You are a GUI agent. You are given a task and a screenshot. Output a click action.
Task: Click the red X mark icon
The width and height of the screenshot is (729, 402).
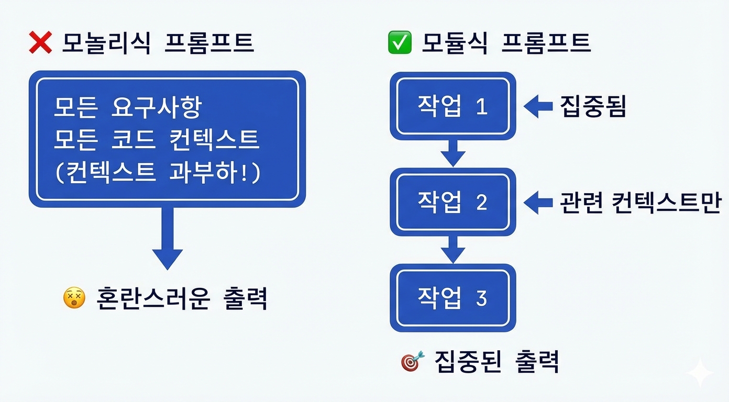point(40,43)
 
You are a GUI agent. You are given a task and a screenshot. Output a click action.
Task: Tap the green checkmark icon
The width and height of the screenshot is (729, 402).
point(400,43)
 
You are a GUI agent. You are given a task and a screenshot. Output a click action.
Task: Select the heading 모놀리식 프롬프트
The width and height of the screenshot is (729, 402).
point(157,43)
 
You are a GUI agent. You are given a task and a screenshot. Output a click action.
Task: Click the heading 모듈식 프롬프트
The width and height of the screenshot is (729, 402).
point(506,43)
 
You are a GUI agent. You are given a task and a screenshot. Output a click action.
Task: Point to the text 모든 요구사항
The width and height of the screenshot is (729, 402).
point(127,108)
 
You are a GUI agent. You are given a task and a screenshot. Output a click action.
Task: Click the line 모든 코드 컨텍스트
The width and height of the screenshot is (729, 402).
point(156,140)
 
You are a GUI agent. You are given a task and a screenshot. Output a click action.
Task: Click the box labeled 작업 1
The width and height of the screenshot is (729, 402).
point(452,106)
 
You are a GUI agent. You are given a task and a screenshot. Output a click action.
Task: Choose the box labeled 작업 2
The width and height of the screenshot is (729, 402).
point(452,202)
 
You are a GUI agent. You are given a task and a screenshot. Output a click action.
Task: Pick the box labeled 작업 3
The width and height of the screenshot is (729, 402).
point(452,298)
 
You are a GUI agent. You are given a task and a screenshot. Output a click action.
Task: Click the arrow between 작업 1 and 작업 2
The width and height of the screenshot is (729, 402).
point(452,152)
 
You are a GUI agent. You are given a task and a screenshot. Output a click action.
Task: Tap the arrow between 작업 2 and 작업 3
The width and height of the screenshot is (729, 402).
point(452,249)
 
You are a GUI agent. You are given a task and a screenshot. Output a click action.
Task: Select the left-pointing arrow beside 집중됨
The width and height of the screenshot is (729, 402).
point(538,106)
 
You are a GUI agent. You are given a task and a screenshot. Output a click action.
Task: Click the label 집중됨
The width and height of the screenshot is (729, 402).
point(593,107)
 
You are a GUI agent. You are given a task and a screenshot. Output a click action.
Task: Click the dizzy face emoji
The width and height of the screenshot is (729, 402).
point(74,298)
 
